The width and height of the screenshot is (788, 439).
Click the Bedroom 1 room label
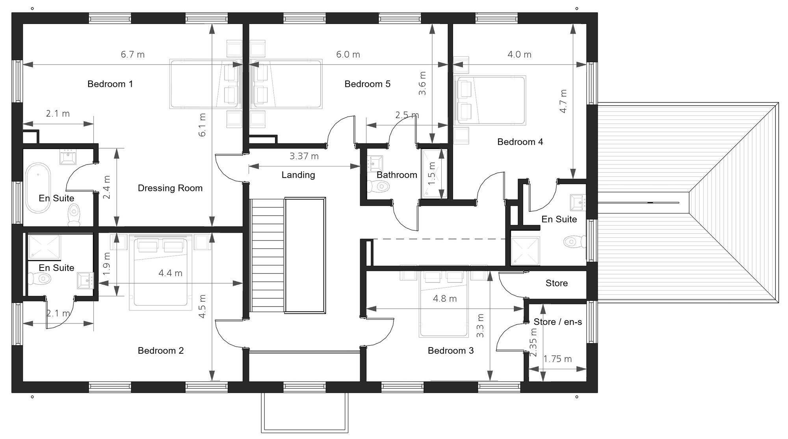pos(110,84)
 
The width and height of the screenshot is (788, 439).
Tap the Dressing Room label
pos(170,188)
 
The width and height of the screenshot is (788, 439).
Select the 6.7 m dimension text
pos(132,54)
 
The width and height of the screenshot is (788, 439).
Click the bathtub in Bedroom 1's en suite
pos(38,188)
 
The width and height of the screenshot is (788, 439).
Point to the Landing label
pos(298,175)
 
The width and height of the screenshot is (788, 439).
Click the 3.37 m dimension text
pos(304,156)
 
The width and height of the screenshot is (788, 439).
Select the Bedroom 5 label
pos(367,84)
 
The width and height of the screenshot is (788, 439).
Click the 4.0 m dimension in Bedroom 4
pos(519,54)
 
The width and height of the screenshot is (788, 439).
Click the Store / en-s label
pos(557,322)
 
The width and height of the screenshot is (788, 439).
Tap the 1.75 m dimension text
pos(557,359)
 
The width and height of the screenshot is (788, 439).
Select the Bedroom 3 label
pos(450,351)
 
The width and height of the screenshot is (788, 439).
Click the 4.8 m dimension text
pos(444,299)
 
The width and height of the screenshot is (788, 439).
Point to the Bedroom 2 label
pos(160,351)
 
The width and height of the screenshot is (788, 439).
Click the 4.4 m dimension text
pos(170,273)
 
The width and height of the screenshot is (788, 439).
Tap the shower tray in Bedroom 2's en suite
pos(44,247)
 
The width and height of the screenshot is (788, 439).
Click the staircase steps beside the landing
pos(268,254)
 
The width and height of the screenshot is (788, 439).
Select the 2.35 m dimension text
pos(533,342)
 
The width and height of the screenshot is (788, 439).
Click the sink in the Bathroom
pos(375,163)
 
